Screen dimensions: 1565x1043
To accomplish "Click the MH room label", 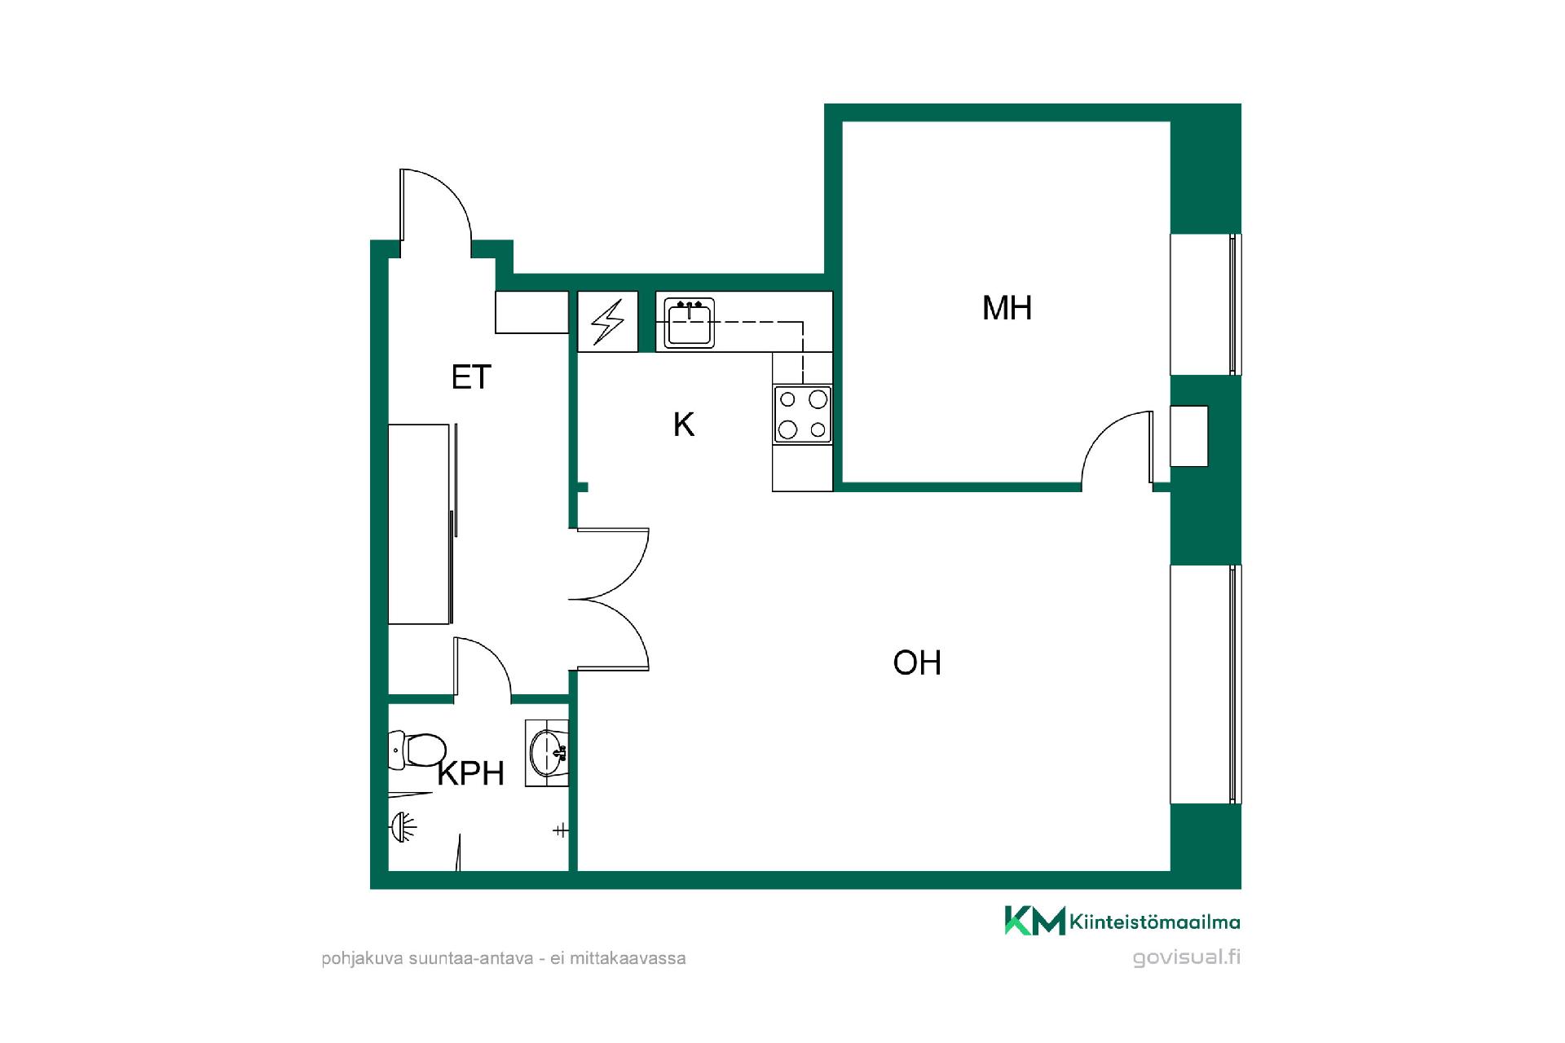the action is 1007,308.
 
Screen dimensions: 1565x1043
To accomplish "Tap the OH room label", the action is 917,663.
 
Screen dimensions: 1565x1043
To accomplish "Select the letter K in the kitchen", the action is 683,425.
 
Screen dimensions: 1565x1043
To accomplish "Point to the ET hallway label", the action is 471,377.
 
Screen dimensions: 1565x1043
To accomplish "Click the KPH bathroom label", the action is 471,773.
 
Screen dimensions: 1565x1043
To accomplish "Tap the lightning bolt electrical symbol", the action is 608,322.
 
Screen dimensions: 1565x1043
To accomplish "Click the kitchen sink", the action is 690,323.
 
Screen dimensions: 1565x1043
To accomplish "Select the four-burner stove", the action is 802,414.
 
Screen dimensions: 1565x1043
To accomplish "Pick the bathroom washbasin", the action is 547,753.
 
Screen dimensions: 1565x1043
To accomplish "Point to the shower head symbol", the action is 403,828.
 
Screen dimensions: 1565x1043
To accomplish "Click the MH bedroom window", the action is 1206,304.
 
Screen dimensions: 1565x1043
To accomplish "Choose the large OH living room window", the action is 1206,684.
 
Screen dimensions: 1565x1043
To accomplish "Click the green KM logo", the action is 1034,921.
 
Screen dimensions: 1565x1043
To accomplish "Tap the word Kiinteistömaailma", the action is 1155,922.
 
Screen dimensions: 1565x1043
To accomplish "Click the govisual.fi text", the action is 1187,958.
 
